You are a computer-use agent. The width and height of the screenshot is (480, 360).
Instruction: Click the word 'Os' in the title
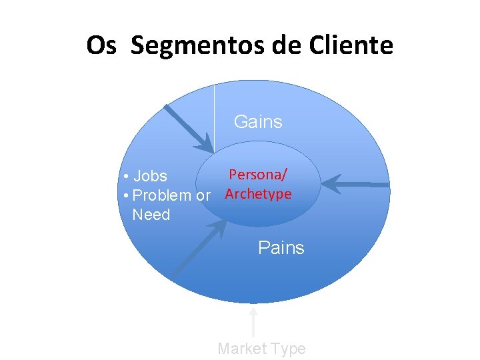[x=102, y=46]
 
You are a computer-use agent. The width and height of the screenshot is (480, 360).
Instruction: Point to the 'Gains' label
[x=258, y=122]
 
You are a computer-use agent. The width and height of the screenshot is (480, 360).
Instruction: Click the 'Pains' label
[x=281, y=248]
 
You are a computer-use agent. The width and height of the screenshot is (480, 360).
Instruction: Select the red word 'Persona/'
[x=258, y=175]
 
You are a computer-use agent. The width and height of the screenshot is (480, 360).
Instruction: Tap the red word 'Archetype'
[x=258, y=194]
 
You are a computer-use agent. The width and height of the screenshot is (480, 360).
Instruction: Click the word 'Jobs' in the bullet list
[x=150, y=177]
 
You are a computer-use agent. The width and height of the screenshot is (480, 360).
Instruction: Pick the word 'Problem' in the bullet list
[x=161, y=196]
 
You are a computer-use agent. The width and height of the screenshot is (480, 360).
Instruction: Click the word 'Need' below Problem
[x=151, y=215]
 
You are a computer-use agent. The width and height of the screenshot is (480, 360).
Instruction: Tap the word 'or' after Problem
[x=203, y=196]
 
